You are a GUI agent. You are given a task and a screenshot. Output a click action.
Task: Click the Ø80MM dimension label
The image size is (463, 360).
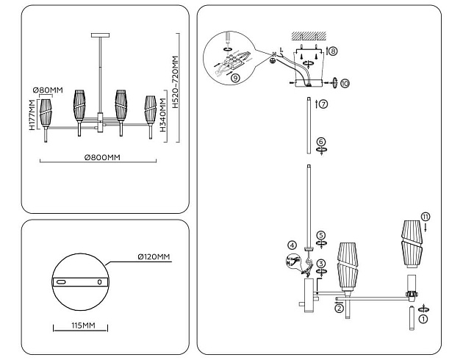(x=48, y=90)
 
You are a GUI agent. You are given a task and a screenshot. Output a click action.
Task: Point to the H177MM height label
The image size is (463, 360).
(x=33, y=116)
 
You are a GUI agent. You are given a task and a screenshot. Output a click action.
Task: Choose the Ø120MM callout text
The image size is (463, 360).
(x=153, y=256)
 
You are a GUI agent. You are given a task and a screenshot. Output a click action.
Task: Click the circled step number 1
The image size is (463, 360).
(x=422, y=318)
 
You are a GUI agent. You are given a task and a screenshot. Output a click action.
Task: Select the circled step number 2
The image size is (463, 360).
(x=339, y=309)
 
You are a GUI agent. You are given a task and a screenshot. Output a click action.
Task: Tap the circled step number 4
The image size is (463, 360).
(x=292, y=245)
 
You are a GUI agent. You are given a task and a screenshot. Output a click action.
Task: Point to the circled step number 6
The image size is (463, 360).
(x=320, y=141)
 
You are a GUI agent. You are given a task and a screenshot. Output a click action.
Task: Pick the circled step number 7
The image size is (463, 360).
(x=322, y=104)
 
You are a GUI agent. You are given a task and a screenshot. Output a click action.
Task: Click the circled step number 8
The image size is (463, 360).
(x=332, y=52)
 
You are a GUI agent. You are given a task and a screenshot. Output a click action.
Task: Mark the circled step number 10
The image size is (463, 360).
(x=345, y=83)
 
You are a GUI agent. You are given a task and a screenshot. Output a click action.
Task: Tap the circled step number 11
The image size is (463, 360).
(x=426, y=216)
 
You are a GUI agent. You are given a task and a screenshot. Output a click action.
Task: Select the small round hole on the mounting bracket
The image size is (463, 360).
(x=100, y=282)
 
